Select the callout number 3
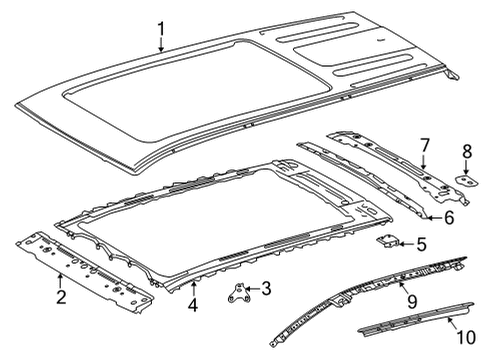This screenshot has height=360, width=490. pyautogui.click(x=265, y=289)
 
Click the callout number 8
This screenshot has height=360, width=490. pyautogui.click(x=465, y=153)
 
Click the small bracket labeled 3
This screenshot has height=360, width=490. pyautogui.click(x=240, y=289)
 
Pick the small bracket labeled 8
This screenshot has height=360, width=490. pyautogui.click(x=465, y=179)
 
